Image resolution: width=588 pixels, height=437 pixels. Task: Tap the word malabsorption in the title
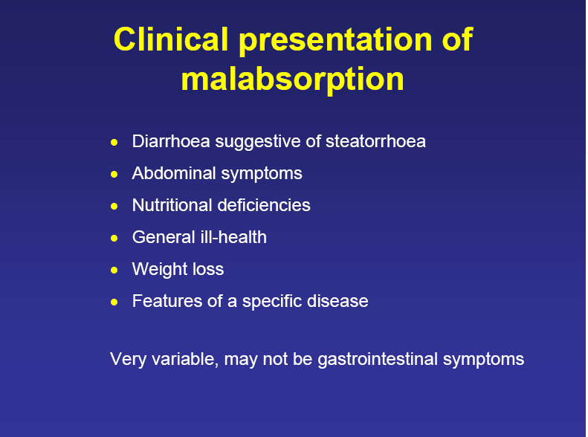click(x=293, y=79)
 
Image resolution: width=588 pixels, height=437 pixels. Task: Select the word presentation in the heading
click(x=325, y=40)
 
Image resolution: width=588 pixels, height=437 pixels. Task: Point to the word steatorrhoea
click(x=375, y=141)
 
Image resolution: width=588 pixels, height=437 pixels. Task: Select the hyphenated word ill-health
click(x=231, y=237)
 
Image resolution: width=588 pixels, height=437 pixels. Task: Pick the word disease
click(x=340, y=301)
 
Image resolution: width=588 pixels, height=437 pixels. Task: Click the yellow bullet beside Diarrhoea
click(x=114, y=142)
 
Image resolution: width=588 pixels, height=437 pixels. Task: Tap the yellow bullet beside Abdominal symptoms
click(x=114, y=174)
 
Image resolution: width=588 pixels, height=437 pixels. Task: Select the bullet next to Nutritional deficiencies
click(x=114, y=206)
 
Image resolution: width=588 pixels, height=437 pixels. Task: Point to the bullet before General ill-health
click(x=114, y=238)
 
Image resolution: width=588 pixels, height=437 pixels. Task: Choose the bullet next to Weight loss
click(x=114, y=270)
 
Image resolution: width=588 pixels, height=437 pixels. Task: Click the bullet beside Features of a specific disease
click(x=114, y=302)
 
